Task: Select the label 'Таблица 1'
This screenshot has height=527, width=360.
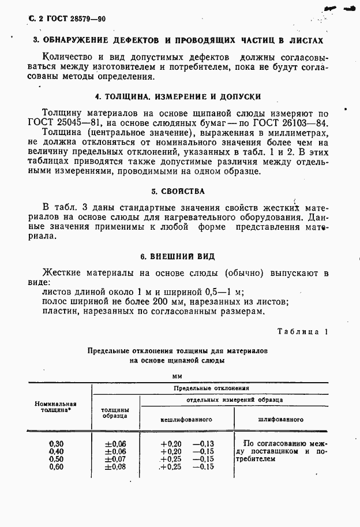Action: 302,332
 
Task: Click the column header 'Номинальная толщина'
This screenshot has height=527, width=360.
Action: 55,408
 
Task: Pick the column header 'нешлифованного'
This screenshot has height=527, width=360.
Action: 187,419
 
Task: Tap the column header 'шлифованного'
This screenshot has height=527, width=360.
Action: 281,419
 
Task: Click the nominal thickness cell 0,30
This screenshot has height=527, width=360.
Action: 56,443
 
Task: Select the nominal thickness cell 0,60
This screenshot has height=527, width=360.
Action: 56,467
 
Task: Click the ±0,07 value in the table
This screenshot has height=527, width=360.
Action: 115,459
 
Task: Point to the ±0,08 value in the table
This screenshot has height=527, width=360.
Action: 115,467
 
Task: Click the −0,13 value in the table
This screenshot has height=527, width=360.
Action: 202,443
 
